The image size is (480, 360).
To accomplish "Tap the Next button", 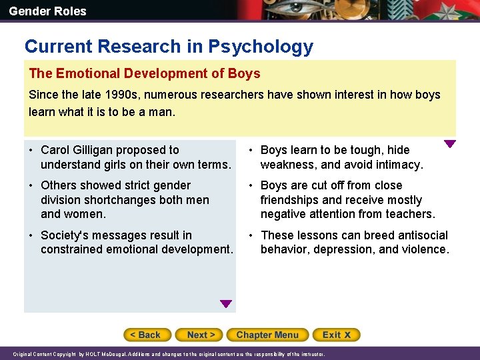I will tap(201, 335).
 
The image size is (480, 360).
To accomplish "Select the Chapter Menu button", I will tap(267, 335).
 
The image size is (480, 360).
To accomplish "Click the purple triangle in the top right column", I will tap(450, 143).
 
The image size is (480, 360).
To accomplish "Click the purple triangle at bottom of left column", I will tap(226, 304).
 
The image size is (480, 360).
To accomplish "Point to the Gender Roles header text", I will tap(47, 11).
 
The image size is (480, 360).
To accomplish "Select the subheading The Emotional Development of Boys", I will tap(145, 73).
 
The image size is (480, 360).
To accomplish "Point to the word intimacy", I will tap(398, 165).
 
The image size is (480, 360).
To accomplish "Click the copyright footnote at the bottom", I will tap(169, 354).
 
